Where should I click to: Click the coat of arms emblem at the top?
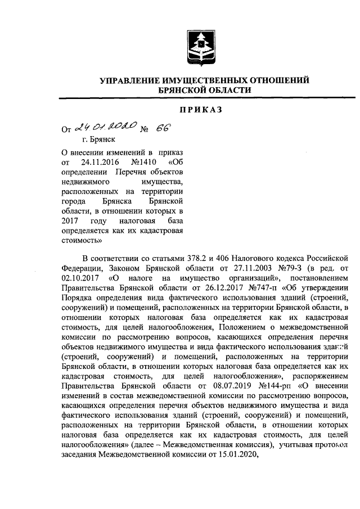pos(204,47)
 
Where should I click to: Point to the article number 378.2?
pos(204,258)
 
